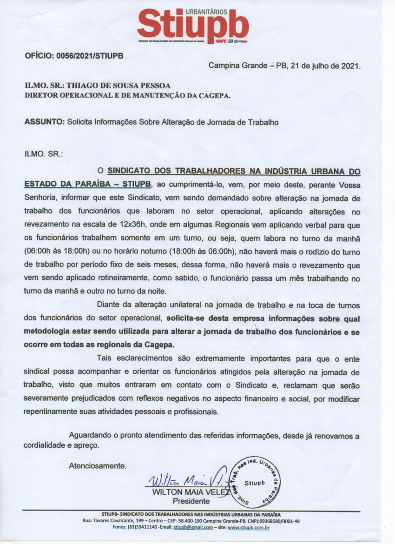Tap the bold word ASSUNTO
[x=44, y=123]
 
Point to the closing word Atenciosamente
[x=97, y=465]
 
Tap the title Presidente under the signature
[x=191, y=501]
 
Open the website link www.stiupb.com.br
[x=249, y=528]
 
